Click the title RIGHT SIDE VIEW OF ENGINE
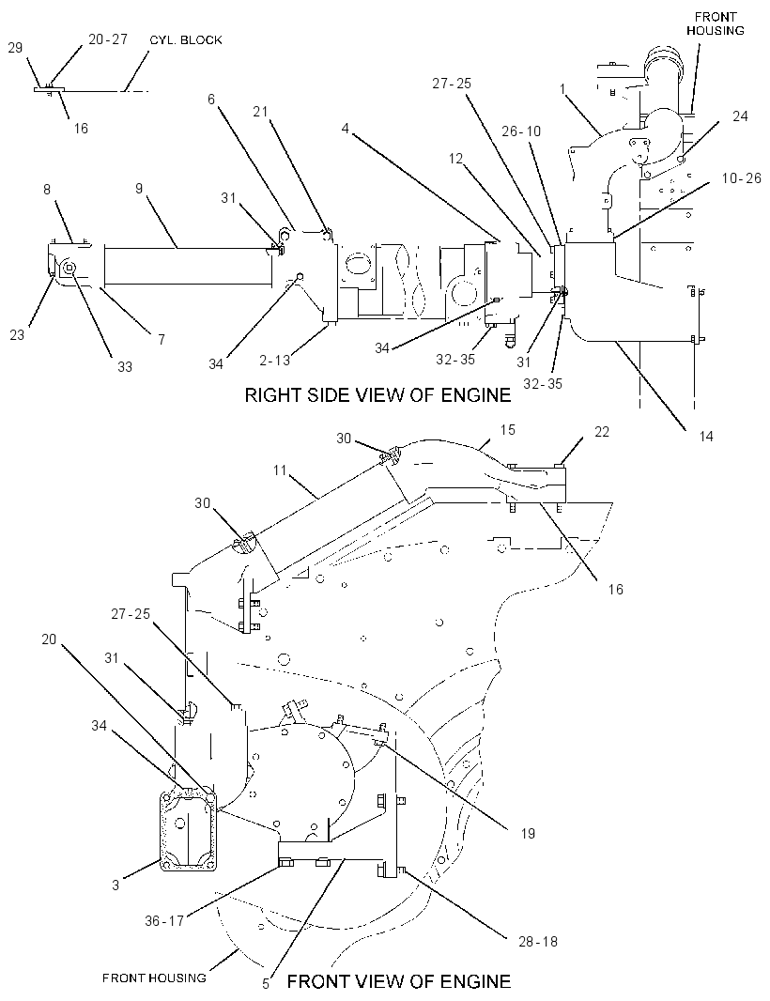click(x=378, y=395)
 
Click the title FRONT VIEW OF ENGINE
click(x=399, y=980)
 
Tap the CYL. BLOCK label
click(x=186, y=39)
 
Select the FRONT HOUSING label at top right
click(x=716, y=23)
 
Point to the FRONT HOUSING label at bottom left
click(x=154, y=978)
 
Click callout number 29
click(x=15, y=47)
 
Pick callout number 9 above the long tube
click(x=139, y=189)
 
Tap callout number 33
click(x=125, y=366)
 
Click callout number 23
click(x=17, y=334)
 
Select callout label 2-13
click(x=274, y=360)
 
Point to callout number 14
click(x=705, y=436)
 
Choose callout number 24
click(x=740, y=115)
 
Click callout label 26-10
click(x=521, y=131)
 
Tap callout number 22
click(x=601, y=432)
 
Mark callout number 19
click(x=528, y=833)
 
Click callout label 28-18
click(x=538, y=941)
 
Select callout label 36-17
click(x=164, y=920)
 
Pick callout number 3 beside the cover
click(x=115, y=885)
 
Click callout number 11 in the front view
click(x=280, y=470)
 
